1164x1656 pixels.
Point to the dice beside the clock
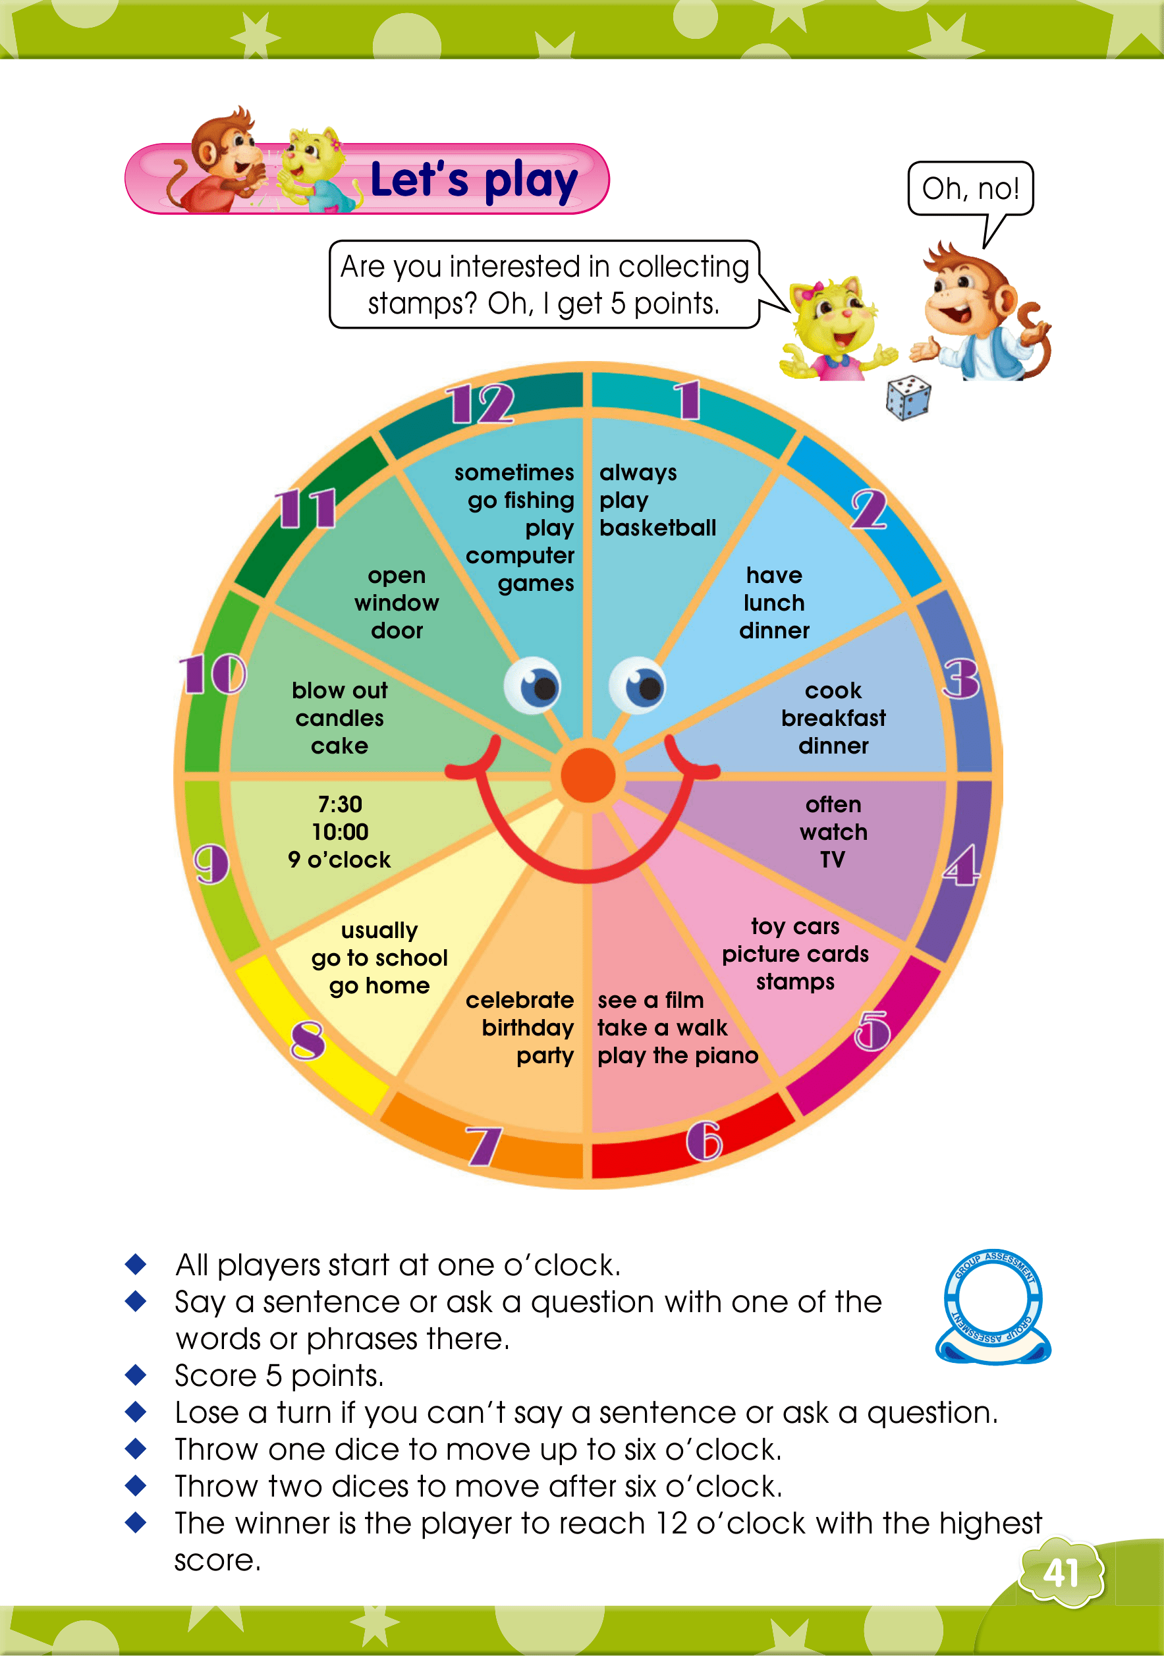pos(908,397)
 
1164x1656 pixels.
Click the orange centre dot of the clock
pos(588,775)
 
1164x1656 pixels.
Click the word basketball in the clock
pos(657,528)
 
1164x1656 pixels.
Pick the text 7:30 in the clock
pos(340,804)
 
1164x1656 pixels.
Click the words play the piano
pos(677,1056)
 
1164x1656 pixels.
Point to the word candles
pos(339,719)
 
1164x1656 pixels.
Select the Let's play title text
pos(474,180)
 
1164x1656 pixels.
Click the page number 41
pos(1061,1574)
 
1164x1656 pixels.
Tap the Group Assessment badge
pos(993,1307)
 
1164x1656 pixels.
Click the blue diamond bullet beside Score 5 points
pos(136,1375)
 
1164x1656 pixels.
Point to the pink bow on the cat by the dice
pos(817,292)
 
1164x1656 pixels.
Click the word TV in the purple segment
pos(832,860)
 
